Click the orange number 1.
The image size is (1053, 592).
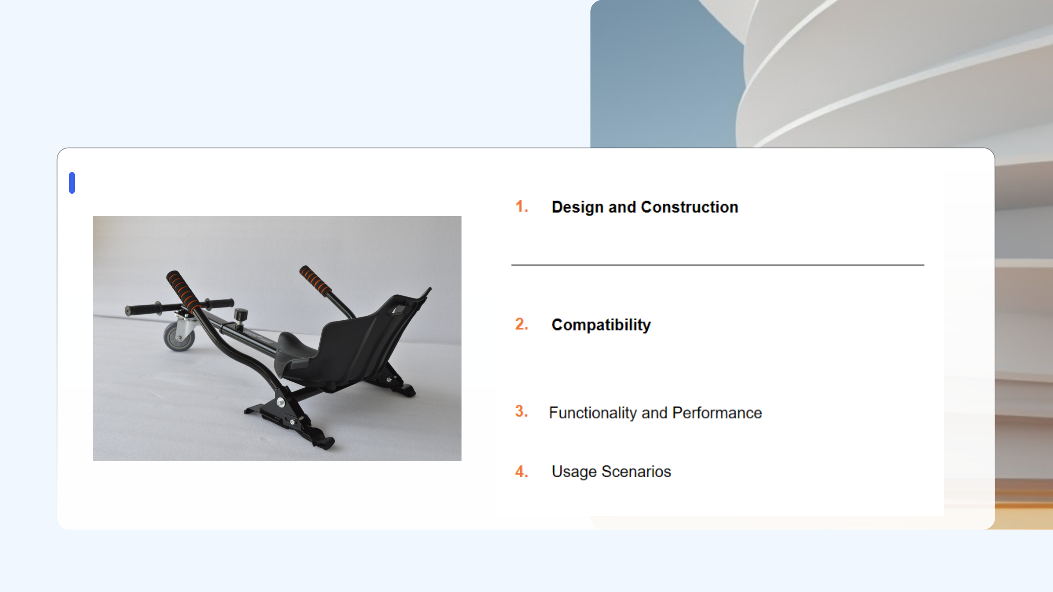[522, 206]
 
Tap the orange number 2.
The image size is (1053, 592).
[522, 324]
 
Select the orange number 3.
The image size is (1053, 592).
[522, 411]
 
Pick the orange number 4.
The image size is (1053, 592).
[522, 472]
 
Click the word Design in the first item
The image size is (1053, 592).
[578, 208]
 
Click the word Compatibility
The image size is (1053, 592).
[601, 325]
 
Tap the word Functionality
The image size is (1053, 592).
[593, 413]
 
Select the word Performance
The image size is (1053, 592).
[717, 413]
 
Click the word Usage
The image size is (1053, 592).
[574, 472]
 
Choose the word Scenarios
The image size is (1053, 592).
[636, 472]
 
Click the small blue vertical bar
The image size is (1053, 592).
[72, 183]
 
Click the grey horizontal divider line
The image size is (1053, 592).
[718, 265]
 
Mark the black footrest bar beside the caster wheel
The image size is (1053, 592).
[180, 307]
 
